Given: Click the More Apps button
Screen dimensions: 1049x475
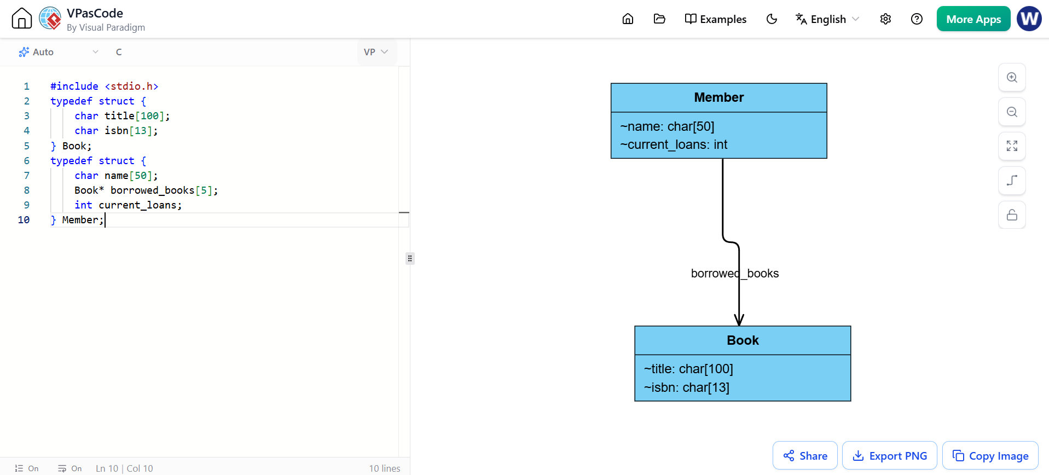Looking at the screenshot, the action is point(973,19).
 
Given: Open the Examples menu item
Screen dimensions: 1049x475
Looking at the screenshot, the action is point(715,19).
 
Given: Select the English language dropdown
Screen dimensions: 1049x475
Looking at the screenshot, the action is point(827,19).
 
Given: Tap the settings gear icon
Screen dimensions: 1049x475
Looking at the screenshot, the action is point(885,19).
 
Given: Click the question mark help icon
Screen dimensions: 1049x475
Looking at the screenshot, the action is point(917,19).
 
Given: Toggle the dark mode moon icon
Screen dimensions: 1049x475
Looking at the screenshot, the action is point(772,19).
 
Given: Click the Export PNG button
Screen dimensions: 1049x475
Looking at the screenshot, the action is point(889,455).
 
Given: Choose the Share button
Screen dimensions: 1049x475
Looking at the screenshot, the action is point(805,455).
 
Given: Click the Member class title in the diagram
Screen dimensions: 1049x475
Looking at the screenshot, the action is point(718,97).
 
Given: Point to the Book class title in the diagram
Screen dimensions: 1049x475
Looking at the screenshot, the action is point(743,340).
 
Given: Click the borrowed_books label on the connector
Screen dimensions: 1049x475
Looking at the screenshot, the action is point(734,274).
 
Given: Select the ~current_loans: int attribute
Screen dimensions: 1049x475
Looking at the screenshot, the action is point(674,144).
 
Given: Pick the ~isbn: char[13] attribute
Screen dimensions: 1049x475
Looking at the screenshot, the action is point(686,387).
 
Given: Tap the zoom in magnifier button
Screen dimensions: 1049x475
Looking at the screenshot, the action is point(1012,78).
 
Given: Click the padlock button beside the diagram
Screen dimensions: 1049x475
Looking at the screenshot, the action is point(1012,215).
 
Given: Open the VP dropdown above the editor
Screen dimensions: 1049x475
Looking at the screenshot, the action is point(376,52).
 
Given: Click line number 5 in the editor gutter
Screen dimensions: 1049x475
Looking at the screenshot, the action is point(26,146).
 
